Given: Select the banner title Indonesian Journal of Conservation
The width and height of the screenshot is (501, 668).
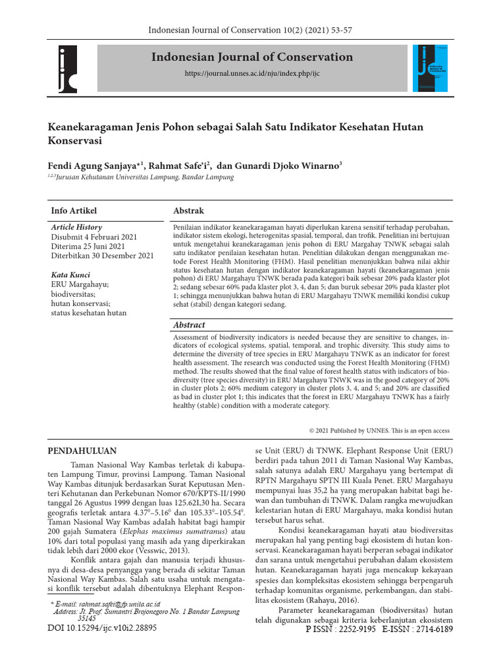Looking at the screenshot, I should click(252, 57).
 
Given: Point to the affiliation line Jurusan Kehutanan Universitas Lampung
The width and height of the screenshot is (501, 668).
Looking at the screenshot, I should click(144, 177).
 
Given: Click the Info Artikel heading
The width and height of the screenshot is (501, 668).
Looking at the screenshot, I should click(74, 211).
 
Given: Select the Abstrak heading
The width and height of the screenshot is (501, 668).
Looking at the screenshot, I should click(189, 211).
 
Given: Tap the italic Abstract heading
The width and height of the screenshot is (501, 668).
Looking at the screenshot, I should click(189, 324).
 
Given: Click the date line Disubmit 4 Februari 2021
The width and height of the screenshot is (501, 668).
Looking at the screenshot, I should click(94, 237).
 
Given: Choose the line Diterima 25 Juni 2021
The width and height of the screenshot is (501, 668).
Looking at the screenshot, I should click(87, 246).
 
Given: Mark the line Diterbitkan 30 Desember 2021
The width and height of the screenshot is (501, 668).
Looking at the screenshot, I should click(102, 256).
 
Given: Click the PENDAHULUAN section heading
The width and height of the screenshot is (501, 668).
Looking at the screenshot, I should click(83, 451).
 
